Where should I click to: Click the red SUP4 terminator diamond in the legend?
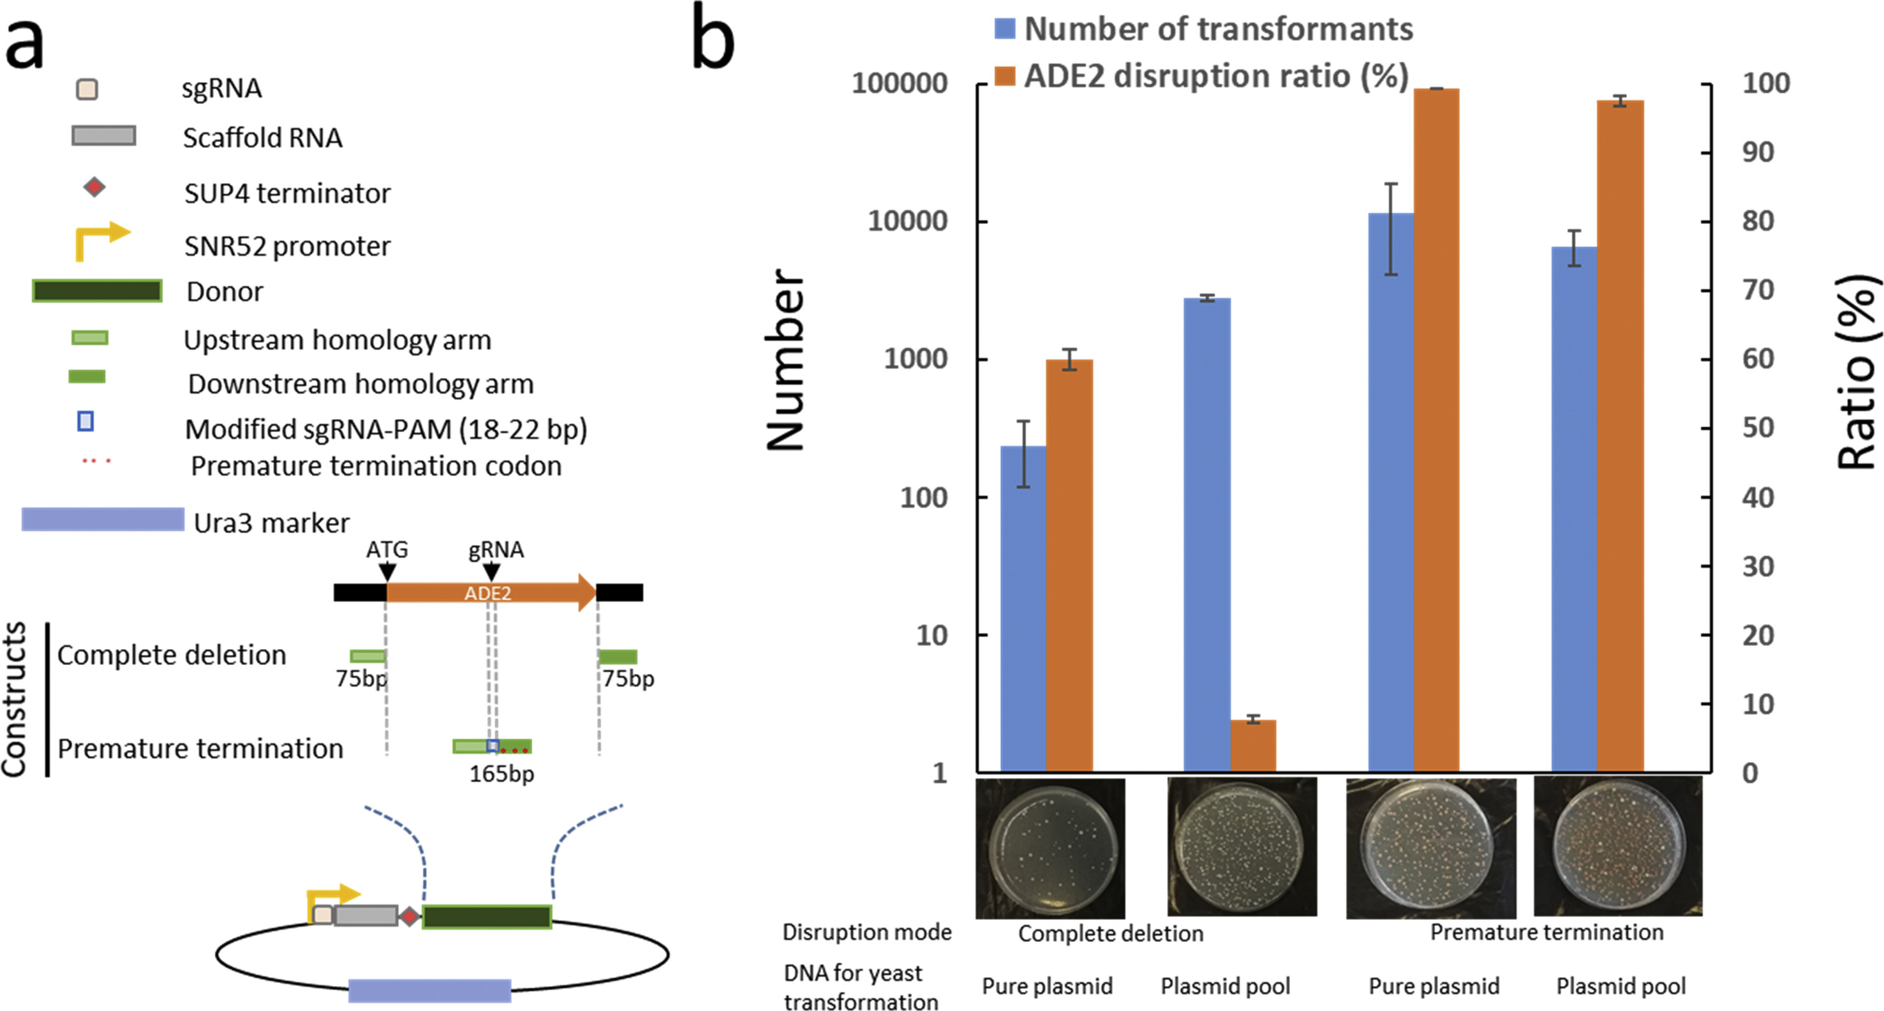[94, 187]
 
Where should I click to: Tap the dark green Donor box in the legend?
[97, 290]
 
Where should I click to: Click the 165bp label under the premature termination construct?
[501, 773]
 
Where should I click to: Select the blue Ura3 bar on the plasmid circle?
[429, 990]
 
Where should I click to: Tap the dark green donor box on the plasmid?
[487, 917]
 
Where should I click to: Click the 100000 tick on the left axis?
[900, 84]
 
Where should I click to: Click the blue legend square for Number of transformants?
[1005, 29]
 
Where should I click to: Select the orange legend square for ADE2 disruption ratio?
[1005, 75]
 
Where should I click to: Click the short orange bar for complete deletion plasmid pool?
[1253, 745]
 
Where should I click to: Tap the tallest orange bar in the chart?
[1436, 430]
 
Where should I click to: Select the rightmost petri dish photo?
[1618, 846]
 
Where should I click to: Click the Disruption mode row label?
[866, 932]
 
